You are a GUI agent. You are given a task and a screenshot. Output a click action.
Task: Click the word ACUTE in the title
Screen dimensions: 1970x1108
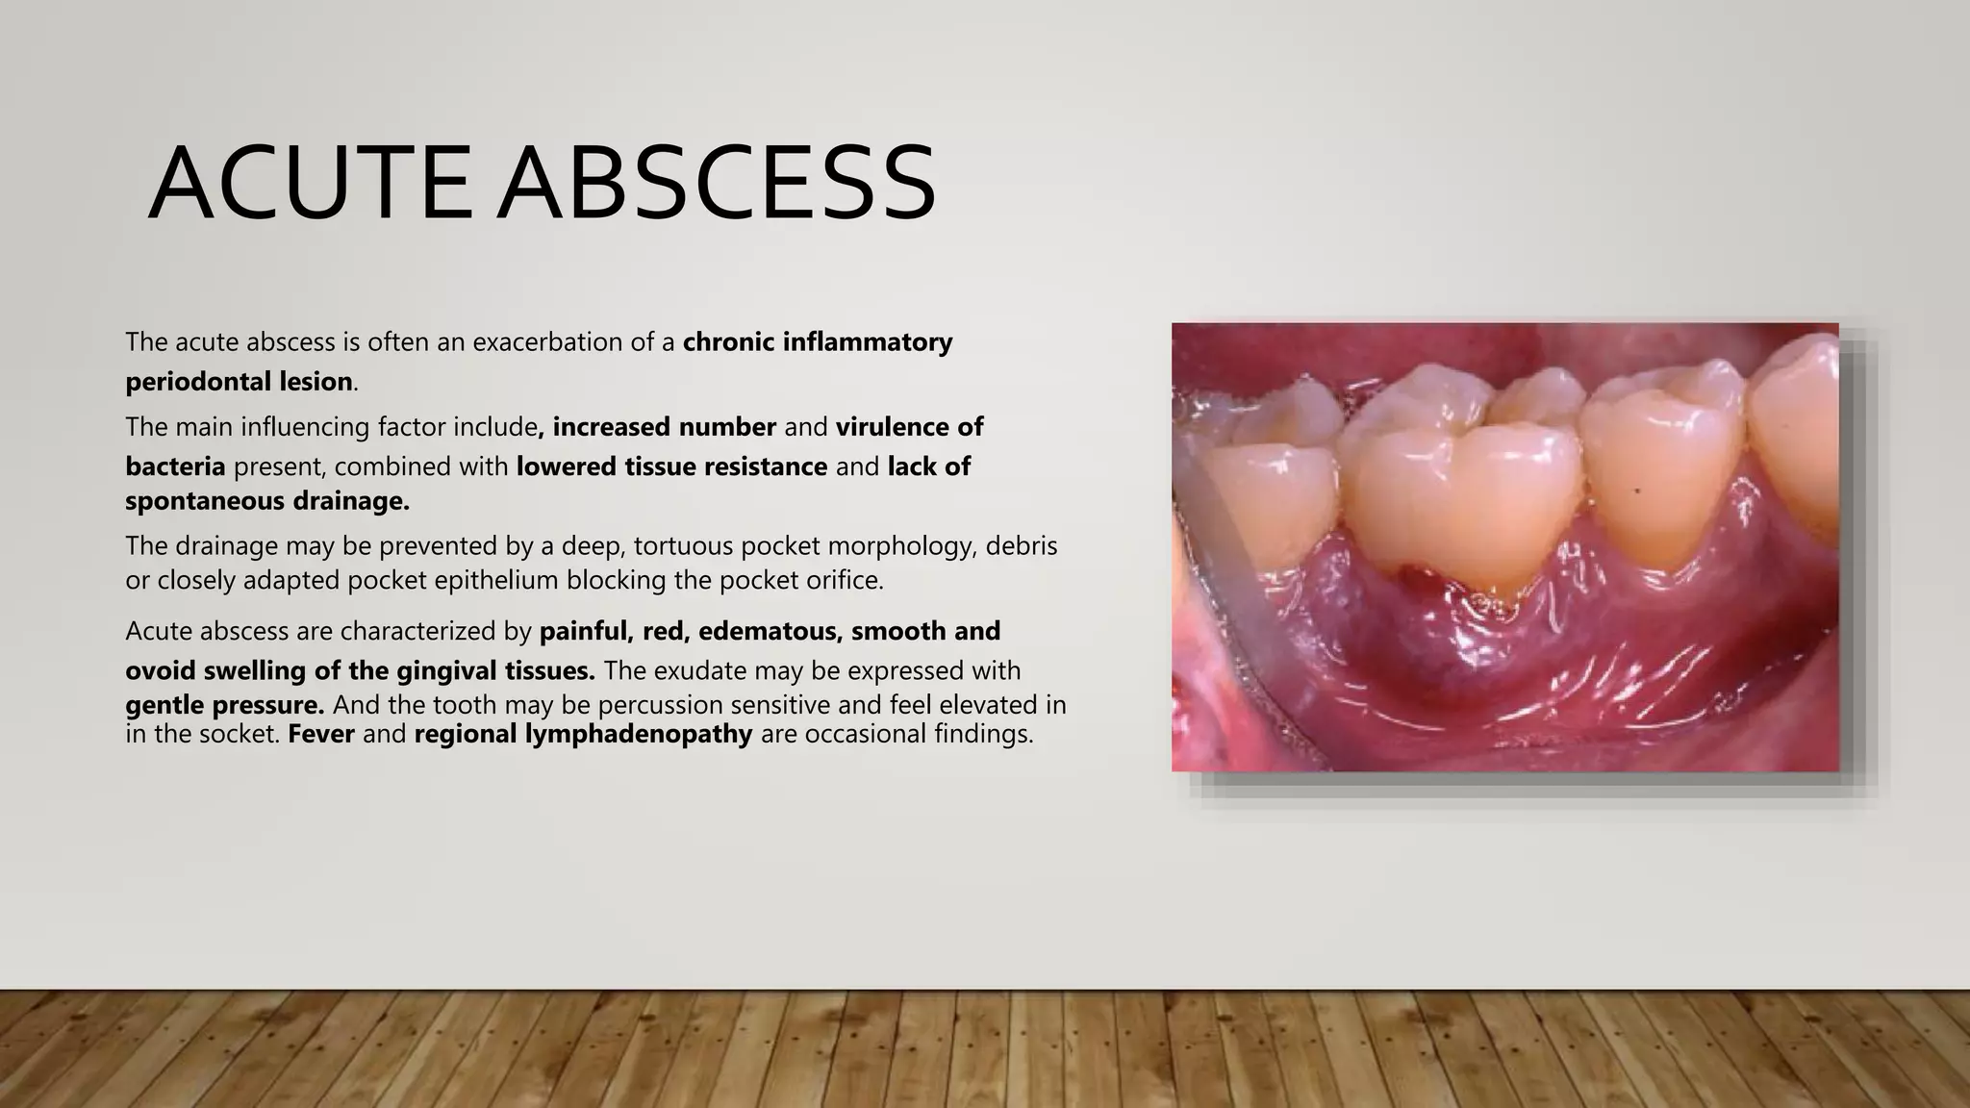coord(310,183)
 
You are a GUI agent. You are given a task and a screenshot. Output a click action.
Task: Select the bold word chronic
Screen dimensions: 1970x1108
coord(729,341)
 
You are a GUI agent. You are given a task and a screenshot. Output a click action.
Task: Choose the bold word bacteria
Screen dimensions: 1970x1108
coord(175,466)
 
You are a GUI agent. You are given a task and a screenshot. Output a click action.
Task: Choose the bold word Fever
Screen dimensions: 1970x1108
coord(321,735)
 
